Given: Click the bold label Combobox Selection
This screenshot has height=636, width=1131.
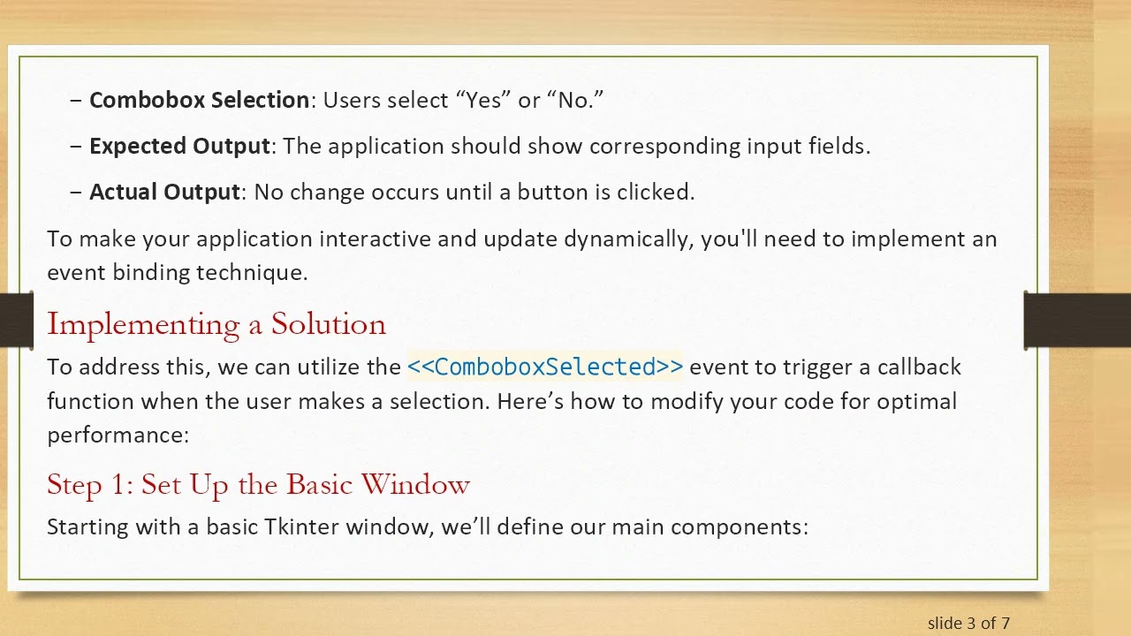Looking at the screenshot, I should tap(199, 100).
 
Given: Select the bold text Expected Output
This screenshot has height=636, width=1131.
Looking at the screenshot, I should tap(179, 146).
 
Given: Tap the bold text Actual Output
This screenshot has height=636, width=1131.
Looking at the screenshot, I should tap(164, 192).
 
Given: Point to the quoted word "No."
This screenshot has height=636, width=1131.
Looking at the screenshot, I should tap(575, 100).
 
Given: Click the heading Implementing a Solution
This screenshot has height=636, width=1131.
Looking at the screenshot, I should tap(216, 324).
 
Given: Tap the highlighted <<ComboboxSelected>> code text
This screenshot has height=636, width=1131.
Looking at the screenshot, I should tap(544, 367).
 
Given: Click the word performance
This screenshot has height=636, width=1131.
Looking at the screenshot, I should tap(116, 435).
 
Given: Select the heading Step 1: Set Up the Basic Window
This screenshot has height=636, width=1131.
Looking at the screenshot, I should tap(258, 484).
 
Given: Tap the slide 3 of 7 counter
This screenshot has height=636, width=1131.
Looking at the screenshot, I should tap(968, 623).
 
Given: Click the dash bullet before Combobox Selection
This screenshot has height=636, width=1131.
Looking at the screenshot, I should tap(76, 100).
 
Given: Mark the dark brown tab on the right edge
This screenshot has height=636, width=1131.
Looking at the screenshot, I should tap(1077, 321).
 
